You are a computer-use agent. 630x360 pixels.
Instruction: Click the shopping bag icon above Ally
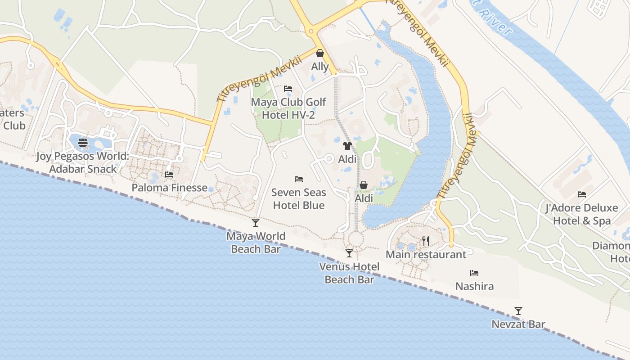320,54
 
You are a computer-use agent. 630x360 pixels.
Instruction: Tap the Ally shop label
320,67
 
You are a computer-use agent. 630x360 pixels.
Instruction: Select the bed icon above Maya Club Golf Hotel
288,89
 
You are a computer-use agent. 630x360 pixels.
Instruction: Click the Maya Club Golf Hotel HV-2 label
288,108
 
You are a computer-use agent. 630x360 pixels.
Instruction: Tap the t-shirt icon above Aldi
347,146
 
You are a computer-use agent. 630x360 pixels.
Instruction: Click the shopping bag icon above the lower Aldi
364,185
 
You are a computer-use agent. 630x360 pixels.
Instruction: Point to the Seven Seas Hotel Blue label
299,199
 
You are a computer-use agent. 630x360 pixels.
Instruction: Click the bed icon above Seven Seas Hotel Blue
299,179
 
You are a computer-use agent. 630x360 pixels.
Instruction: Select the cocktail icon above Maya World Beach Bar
256,222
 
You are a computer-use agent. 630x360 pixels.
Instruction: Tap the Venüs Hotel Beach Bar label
349,273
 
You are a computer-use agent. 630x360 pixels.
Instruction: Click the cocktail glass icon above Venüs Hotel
349,253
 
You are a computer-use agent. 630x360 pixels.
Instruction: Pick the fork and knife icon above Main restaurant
426,242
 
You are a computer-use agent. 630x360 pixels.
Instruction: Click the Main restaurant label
426,255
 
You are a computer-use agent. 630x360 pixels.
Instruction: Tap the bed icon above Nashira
474,273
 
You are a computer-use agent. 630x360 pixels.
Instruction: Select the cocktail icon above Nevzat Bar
518,311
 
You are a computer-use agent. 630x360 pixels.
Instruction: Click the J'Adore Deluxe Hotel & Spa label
581,214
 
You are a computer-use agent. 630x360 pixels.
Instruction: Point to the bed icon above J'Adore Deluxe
582,194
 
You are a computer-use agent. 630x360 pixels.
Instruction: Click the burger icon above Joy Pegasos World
83,143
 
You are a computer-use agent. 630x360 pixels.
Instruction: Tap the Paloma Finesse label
170,188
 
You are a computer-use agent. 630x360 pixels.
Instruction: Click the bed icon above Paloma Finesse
169,175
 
